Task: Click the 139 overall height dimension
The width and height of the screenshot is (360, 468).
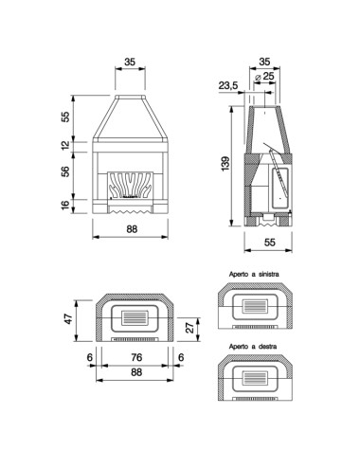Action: (x=225, y=164)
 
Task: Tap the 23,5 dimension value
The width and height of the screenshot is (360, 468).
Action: (x=228, y=85)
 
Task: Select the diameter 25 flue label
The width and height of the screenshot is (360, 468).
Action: (x=264, y=76)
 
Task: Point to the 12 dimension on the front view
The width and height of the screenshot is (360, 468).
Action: (x=65, y=145)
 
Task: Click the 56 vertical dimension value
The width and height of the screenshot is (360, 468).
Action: (x=65, y=171)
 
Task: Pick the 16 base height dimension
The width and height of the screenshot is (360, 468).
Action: (x=65, y=205)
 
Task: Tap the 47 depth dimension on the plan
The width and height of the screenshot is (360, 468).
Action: (x=68, y=318)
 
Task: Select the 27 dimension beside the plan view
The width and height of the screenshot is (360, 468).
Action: (x=189, y=328)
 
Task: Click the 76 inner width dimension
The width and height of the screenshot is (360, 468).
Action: (x=136, y=357)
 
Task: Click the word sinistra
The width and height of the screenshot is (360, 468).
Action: (x=269, y=274)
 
